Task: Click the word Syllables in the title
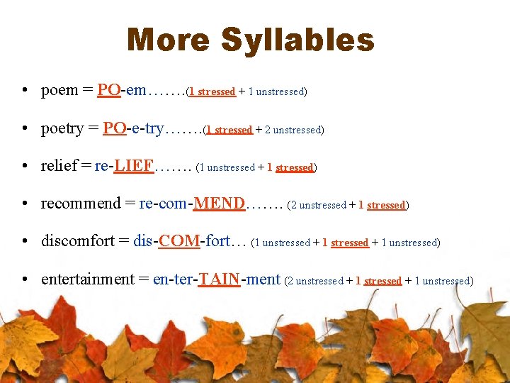tap(297, 40)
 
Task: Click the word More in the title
tap(169, 40)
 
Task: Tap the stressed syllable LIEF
tap(133, 166)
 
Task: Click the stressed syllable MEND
tap(220, 204)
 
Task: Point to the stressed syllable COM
tap(179, 241)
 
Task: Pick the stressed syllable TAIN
tap(219, 279)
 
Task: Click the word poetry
tap(62, 128)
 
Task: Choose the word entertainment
tap(87, 279)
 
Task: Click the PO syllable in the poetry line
tap(114, 128)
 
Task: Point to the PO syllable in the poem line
tap(108, 90)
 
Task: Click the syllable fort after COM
tap(217, 241)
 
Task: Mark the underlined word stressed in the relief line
tap(294, 168)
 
